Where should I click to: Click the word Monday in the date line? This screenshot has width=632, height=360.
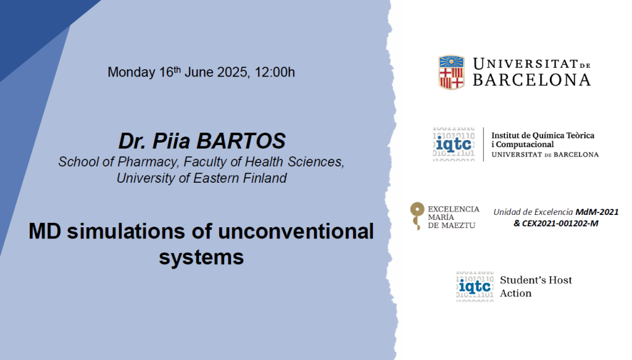pyautogui.click(x=131, y=72)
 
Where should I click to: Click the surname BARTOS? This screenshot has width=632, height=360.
pyautogui.click(x=241, y=141)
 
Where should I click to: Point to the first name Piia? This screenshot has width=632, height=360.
pyautogui.click(x=171, y=141)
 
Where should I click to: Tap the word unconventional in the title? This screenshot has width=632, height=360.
pyautogui.click(x=296, y=232)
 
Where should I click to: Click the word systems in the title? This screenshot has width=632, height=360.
pyautogui.click(x=201, y=257)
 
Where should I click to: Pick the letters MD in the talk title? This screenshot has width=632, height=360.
pyautogui.click(x=44, y=232)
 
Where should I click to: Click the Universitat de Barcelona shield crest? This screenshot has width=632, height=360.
pyautogui.click(x=451, y=73)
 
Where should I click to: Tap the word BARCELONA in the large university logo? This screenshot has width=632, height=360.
pyautogui.click(x=531, y=80)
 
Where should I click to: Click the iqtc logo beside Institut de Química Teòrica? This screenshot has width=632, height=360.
pyautogui.click(x=454, y=144)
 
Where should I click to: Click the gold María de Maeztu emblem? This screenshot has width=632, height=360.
pyautogui.click(x=417, y=216)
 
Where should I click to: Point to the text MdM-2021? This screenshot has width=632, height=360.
pyautogui.click(x=597, y=212)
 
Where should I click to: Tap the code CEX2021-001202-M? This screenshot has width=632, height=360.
pyautogui.click(x=560, y=224)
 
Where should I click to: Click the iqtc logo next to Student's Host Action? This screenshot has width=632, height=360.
pyautogui.click(x=475, y=287)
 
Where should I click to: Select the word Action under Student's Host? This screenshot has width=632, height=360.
pyautogui.click(x=516, y=293)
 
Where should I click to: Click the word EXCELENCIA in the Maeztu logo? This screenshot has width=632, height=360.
pyautogui.click(x=454, y=209)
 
